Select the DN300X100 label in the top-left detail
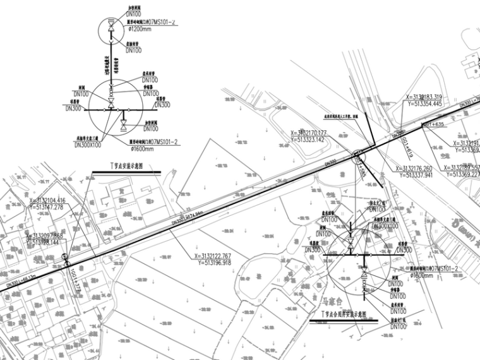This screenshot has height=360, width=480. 88,145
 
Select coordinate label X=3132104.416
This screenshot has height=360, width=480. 55,200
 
